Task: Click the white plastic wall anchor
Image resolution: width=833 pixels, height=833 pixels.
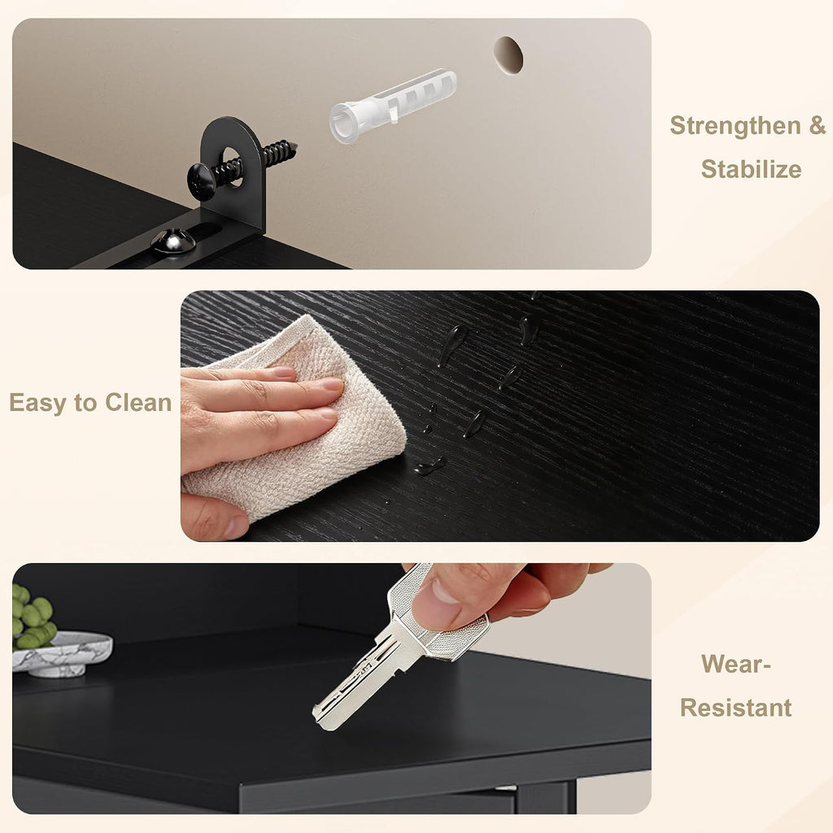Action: (393, 106)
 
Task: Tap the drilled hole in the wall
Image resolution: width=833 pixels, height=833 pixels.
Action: (508, 55)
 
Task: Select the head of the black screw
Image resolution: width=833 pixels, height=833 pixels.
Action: (202, 181)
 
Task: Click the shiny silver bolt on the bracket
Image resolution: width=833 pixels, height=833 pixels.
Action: (173, 242)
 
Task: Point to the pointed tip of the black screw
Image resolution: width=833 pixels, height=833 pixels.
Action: (294, 145)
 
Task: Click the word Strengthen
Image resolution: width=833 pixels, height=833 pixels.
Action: (735, 125)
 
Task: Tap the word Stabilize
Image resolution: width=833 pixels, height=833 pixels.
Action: (751, 169)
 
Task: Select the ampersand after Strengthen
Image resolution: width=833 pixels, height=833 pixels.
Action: (818, 125)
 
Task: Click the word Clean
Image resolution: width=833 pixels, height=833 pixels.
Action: (138, 402)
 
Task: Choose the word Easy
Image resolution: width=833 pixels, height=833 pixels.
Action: (39, 403)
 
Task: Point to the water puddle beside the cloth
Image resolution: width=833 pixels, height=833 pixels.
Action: (430, 466)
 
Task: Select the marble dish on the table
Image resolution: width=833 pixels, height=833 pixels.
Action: (62, 654)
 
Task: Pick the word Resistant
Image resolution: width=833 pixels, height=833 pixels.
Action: (735, 709)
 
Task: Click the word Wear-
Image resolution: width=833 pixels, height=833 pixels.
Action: (735, 664)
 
